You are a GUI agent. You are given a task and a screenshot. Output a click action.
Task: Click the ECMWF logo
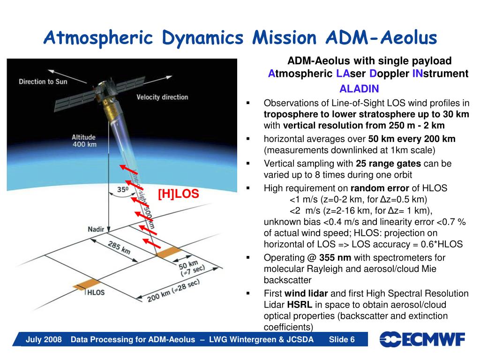pos(422,339)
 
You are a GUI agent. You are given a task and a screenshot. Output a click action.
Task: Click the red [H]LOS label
pos(179,194)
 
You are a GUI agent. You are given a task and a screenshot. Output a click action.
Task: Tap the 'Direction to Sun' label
pos(43,82)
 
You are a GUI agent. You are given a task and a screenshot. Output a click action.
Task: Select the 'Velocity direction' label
pos(162,97)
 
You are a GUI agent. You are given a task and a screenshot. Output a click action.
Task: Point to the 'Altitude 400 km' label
pos(84,141)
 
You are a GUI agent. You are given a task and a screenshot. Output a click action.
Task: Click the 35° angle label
pos(123,189)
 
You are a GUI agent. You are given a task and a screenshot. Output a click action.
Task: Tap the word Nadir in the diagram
pos(96,229)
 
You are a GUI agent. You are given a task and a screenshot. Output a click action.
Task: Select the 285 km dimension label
pos(119,247)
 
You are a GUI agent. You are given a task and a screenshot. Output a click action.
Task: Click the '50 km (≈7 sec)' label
pos(191,268)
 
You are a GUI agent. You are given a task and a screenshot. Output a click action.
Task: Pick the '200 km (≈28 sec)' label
pos(173,291)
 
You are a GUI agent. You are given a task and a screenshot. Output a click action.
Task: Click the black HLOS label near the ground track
pos(96,292)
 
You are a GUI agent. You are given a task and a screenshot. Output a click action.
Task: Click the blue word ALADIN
pos(359,89)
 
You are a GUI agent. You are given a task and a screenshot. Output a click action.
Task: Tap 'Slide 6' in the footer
pos(342,339)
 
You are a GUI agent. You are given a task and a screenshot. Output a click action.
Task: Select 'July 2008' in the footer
pos(44,339)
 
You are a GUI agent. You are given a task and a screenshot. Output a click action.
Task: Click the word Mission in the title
pos(285,37)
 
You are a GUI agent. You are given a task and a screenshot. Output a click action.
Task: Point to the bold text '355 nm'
pos(335,258)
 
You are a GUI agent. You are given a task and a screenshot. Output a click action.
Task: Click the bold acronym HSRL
pos(300,305)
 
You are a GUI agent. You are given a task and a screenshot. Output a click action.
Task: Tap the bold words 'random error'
pos(380,188)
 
